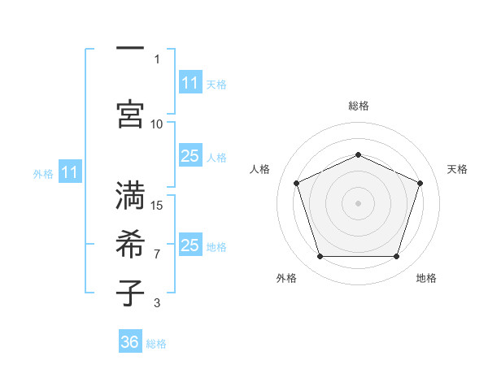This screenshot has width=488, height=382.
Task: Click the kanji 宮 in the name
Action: (130, 114)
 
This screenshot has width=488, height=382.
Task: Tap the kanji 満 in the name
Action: (130, 195)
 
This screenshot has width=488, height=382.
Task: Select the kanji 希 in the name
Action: (130, 244)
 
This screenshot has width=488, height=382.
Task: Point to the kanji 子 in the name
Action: (130, 293)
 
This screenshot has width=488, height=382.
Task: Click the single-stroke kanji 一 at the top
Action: (130, 48)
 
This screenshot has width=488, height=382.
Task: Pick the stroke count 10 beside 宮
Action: (156, 124)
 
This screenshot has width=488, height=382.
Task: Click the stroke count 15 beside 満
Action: (156, 206)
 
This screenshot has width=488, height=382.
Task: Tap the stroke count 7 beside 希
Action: (157, 254)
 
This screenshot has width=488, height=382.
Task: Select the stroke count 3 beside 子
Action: (157, 303)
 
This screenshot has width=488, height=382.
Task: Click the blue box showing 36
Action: (130, 341)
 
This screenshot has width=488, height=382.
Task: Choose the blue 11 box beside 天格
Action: (190, 82)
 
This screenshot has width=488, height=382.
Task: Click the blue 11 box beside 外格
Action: (70, 171)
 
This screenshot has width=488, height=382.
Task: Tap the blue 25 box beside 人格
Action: (190, 155)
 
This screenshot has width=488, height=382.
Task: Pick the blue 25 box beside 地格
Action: (190, 244)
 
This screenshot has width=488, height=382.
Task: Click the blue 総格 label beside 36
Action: (156, 344)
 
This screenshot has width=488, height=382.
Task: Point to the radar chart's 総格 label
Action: (359, 106)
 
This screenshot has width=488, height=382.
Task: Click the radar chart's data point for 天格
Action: (420, 183)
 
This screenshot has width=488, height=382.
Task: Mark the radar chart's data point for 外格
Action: (320, 256)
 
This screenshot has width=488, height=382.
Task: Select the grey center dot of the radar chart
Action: (358, 203)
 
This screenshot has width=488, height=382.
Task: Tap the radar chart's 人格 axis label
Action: (259, 169)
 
